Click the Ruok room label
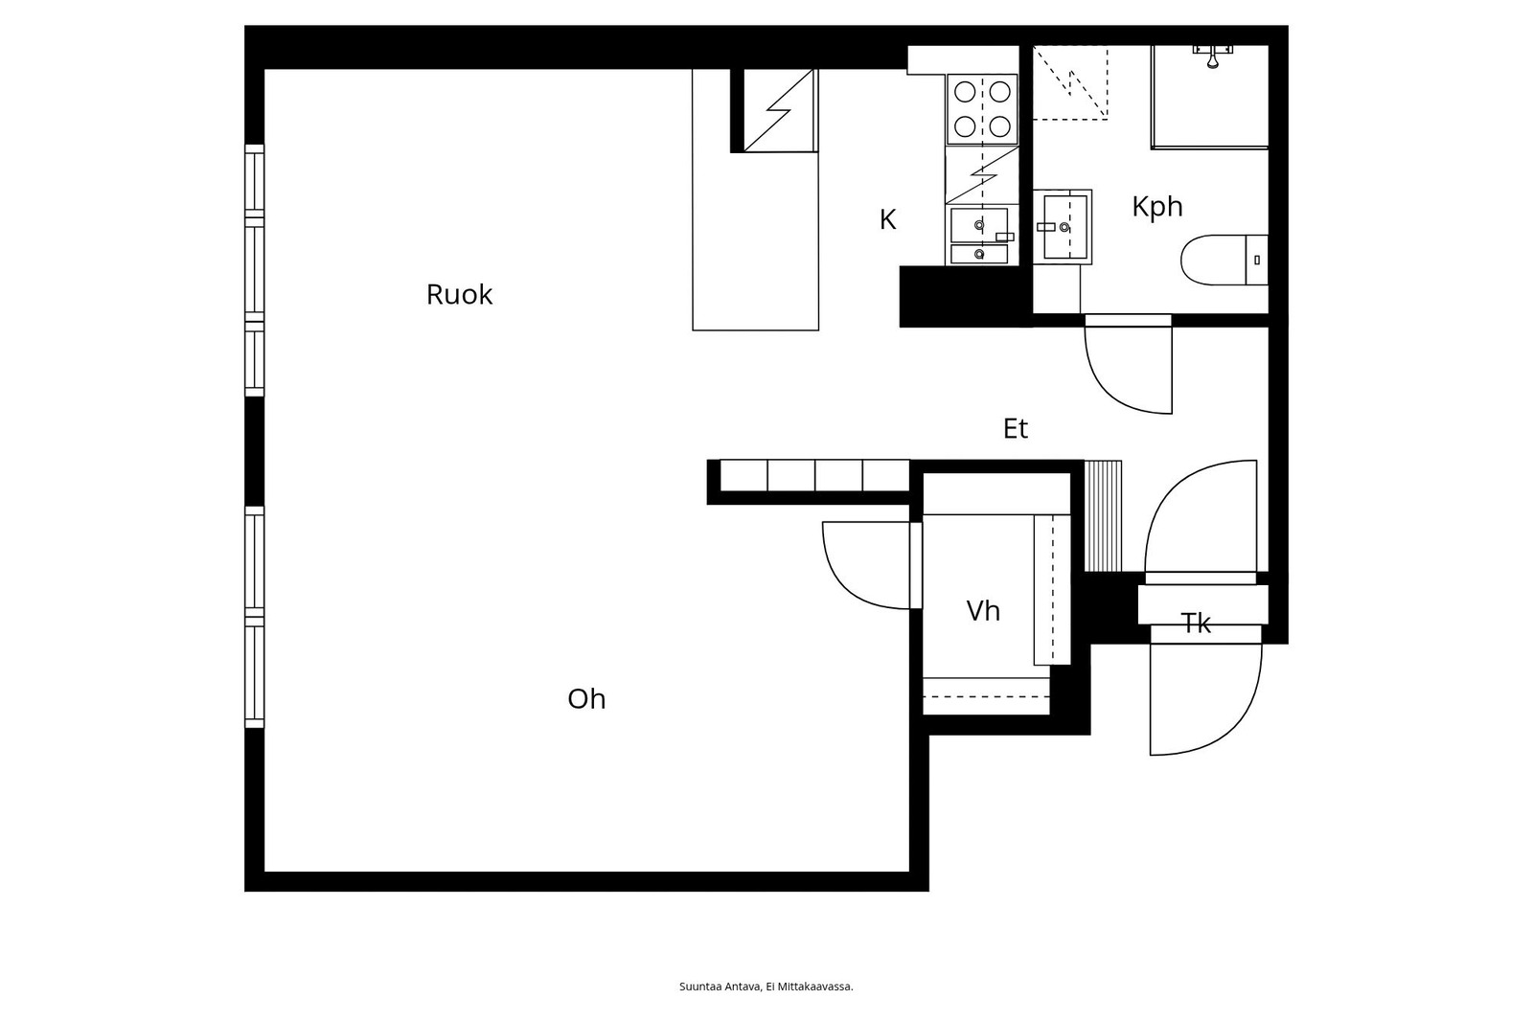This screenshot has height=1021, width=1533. [x=459, y=295]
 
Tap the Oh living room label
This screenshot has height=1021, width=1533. [x=586, y=698]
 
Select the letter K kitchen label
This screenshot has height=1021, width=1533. [x=887, y=219]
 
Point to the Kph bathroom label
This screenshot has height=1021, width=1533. [x=1157, y=207]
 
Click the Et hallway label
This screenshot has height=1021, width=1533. [x=1016, y=429]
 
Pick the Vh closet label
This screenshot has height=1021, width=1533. [x=983, y=610]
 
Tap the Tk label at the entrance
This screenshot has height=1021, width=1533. [x=1196, y=624]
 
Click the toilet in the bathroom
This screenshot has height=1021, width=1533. [x=1224, y=261]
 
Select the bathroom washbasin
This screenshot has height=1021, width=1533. [x=1063, y=226]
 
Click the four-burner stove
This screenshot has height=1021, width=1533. [x=982, y=109]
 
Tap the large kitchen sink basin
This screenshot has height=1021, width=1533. [x=979, y=224]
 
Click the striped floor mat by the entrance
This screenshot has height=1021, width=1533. [x=1103, y=516]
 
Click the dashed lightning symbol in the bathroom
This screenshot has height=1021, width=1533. [x=1069, y=82]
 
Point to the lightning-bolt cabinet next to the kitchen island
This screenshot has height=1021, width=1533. [x=780, y=110]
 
